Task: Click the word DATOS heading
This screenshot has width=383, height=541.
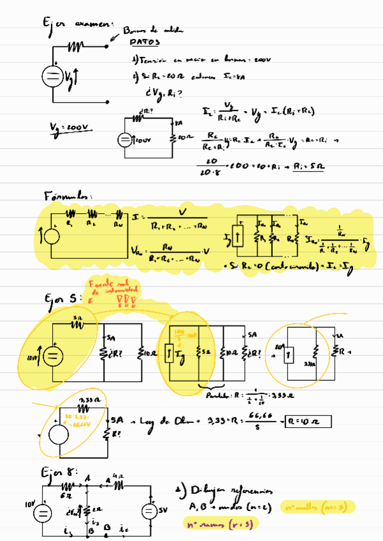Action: [145, 43]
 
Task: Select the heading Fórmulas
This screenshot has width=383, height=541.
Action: [68, 194]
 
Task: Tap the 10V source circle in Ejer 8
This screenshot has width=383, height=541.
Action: [42, 512]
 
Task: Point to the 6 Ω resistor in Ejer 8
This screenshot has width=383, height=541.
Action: [66, 488]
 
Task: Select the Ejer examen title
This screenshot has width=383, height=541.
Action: [75, 24]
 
